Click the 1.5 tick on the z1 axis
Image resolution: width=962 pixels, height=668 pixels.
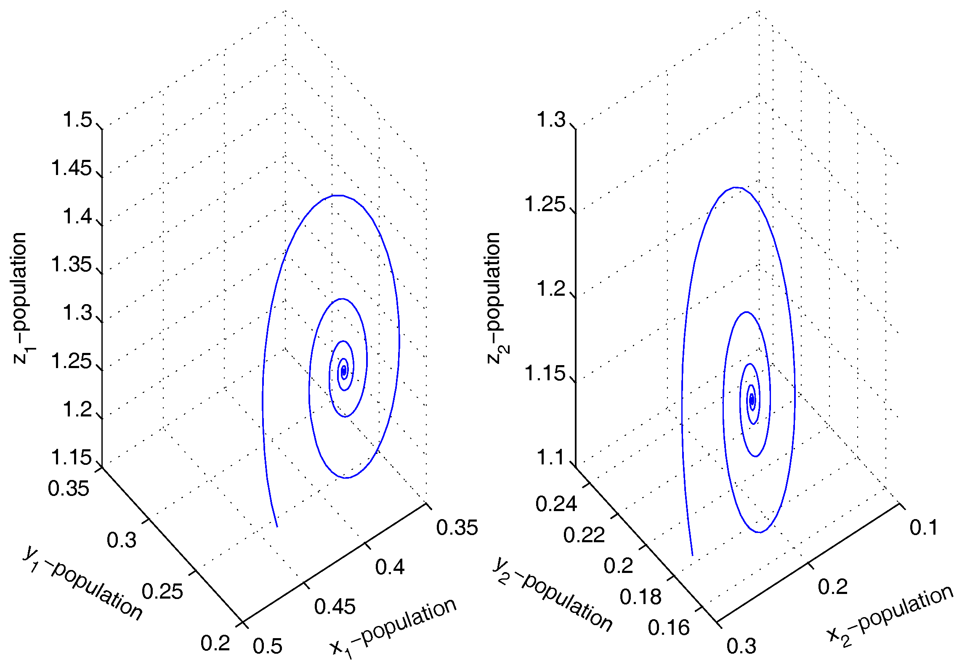pyautogui.click(x=77, y=120)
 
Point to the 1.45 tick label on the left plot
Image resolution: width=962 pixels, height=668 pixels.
pyautogui.click(x=71, y=168)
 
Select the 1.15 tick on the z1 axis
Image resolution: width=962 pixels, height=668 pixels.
pyautogui.click(x=71, y=458)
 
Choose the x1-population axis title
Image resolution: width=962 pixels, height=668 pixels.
pyautogui.click(x=393, y=627)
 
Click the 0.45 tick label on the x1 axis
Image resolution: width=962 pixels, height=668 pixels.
pyautogui.click(x=335, y=607)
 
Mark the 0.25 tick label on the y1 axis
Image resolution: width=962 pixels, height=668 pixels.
pyautogui.click(x=162, y=591)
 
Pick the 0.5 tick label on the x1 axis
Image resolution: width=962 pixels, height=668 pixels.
pyautogui.click(x=268, y=646)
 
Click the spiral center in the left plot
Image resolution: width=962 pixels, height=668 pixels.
pyautogui.click(x=344, y=371)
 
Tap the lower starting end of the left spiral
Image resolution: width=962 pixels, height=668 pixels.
pyautogui.click(x=276, y=526)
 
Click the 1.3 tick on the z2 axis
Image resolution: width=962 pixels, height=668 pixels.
pyautogui.click(x=551, y=120)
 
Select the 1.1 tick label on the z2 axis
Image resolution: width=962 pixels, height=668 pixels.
pyautogui.click(x=551, y=458)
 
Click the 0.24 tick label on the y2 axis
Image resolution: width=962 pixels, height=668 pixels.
pyautogui.click(x=556, y=504)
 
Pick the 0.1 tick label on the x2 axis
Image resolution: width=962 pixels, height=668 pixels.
pyautogui.click(x=924, y=528)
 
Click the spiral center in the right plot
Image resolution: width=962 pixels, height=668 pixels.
pyautogui.click(x=752, y=400)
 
